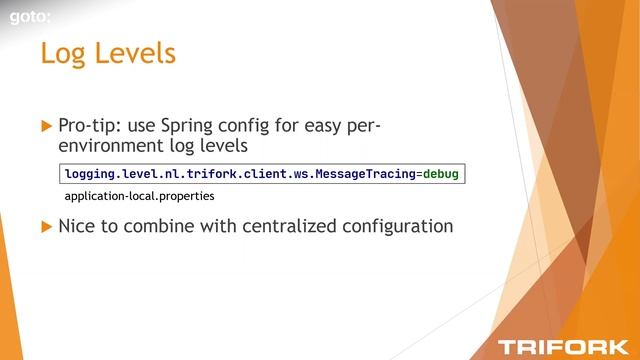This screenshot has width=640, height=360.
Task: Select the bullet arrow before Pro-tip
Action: click(x=45, y=126)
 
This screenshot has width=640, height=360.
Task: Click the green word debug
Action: click(x=440, y=174)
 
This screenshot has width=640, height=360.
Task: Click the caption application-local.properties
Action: click(x=139, y=196)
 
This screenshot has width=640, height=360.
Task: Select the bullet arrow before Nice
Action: click(x=45, y=227)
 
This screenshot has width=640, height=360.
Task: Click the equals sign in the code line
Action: click(x=418, y=174)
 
